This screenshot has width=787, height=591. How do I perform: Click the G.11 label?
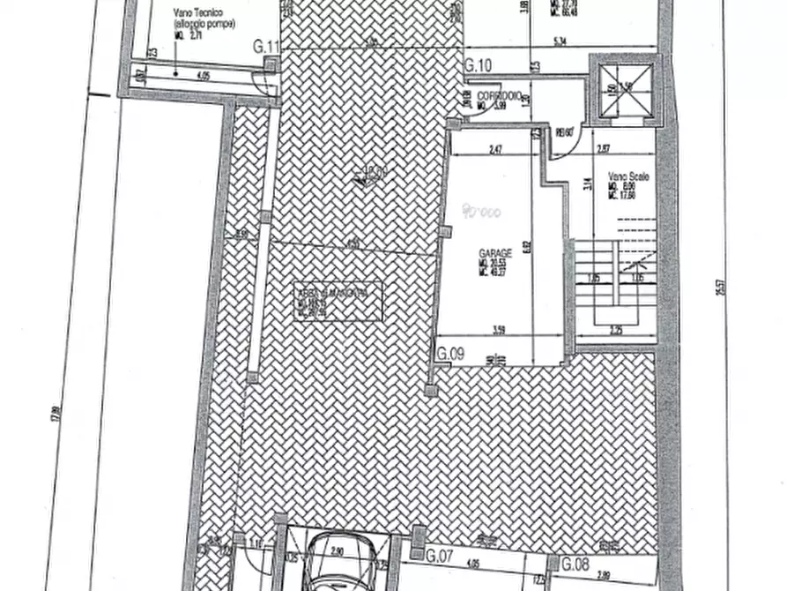tap(266, 47)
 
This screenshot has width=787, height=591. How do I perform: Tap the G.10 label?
tap(478, 64)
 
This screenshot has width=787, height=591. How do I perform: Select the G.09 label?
tap(450, 355)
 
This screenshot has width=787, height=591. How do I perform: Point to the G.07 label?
tap(438, 557)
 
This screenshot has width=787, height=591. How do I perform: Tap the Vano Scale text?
tap(627, 177)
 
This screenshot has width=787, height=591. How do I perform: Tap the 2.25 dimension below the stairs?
tap(614, 331)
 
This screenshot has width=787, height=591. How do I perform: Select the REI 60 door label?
tap(565, 133)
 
